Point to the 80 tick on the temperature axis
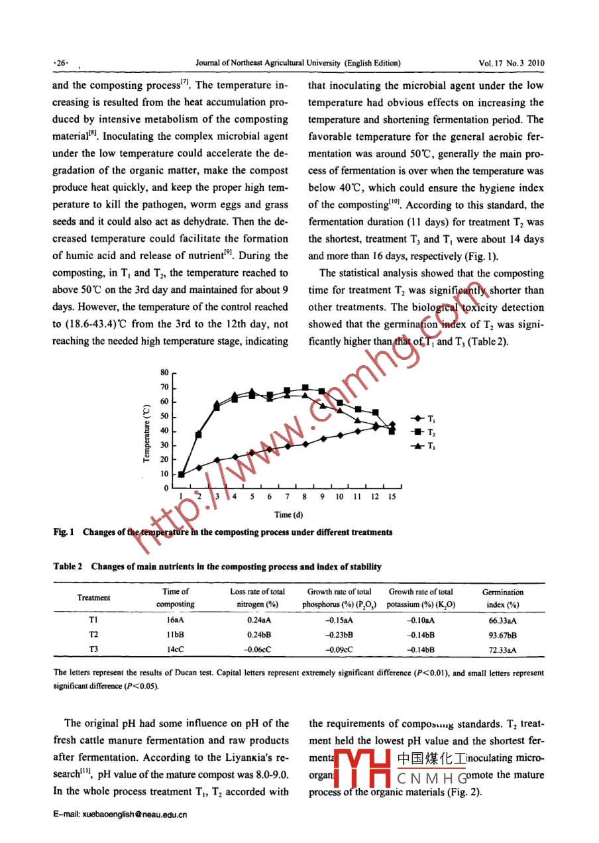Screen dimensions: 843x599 click(165, 373)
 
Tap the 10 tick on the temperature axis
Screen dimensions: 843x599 click(165, 474)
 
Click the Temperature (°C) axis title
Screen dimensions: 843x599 click(146, 434)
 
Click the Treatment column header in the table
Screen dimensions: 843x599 click(94, 598)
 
